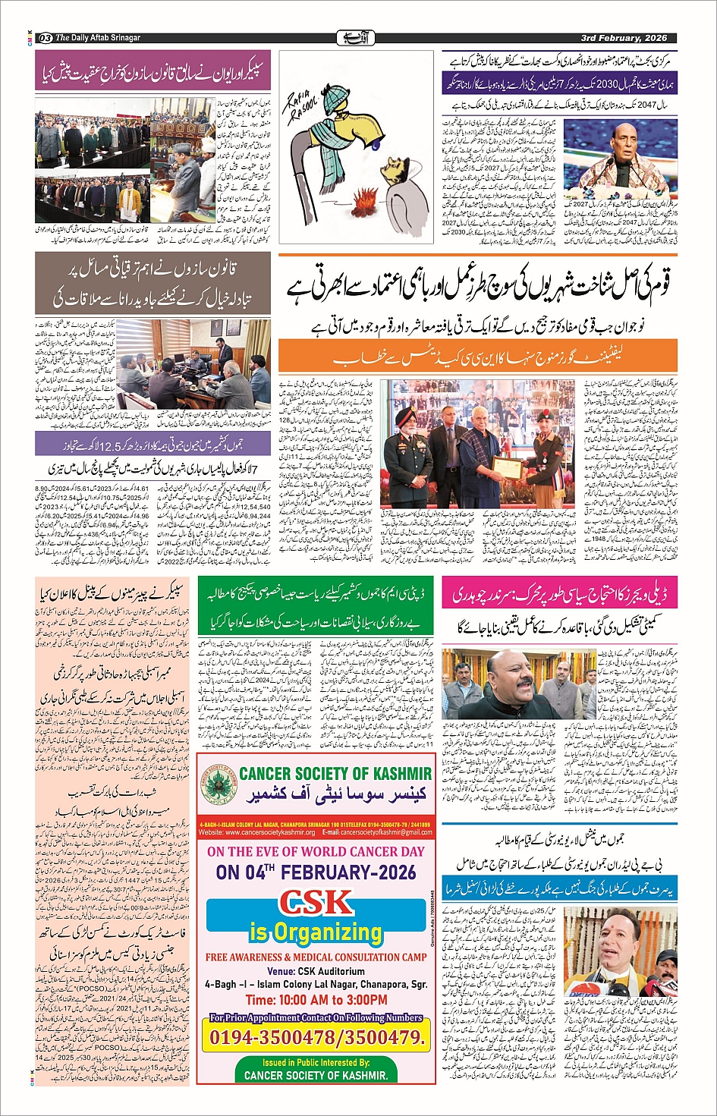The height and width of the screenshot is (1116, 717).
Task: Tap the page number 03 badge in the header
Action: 45,38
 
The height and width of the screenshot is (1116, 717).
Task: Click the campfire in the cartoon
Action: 366,203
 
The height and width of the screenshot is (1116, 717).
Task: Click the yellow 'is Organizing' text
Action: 316,932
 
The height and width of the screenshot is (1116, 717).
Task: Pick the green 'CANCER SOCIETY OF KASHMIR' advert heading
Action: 335,775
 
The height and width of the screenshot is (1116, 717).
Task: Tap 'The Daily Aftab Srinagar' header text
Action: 98,38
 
